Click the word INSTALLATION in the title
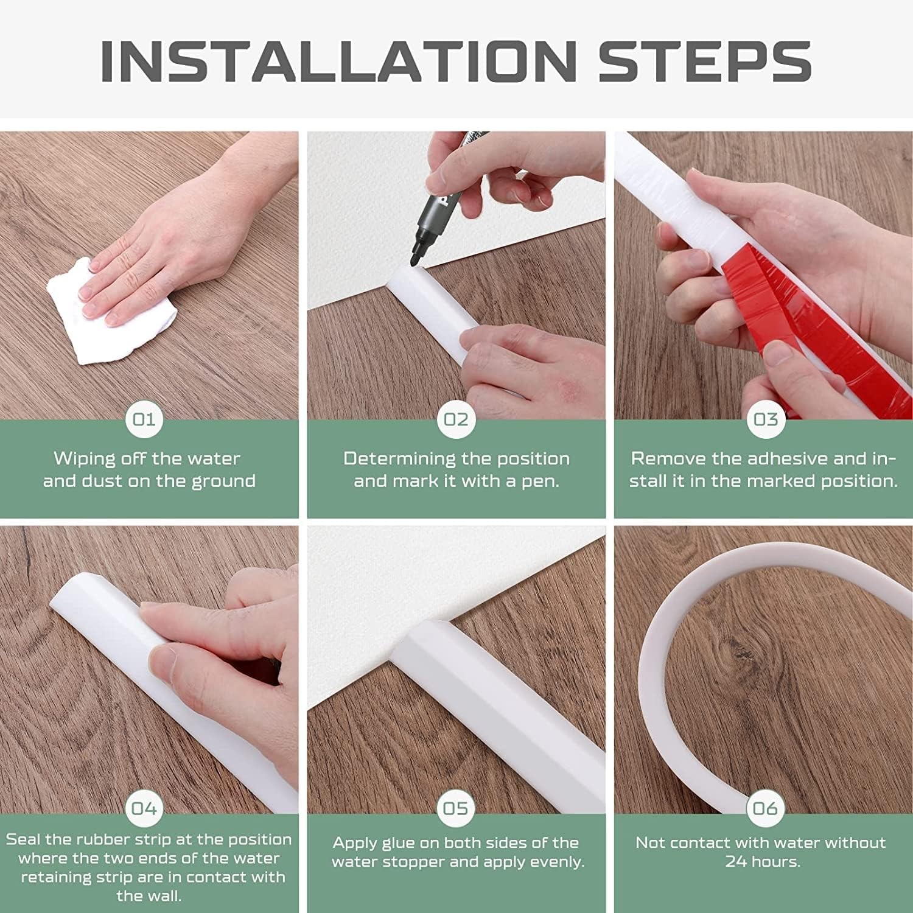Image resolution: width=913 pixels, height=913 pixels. (338, 61)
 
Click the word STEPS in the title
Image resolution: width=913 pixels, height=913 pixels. (704, 61)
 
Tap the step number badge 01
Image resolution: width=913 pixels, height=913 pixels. (144, 419)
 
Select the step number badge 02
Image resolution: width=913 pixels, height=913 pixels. (456, 419)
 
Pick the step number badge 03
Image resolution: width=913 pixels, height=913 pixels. (766, 419)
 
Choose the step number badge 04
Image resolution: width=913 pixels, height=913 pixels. (144, 808)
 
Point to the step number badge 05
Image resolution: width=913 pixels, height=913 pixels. (456, 808)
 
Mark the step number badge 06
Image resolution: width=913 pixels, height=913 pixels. (765, 808)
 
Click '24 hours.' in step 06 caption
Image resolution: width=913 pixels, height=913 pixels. (762, 862)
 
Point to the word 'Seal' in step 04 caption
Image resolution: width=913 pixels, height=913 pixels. (23, 839)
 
